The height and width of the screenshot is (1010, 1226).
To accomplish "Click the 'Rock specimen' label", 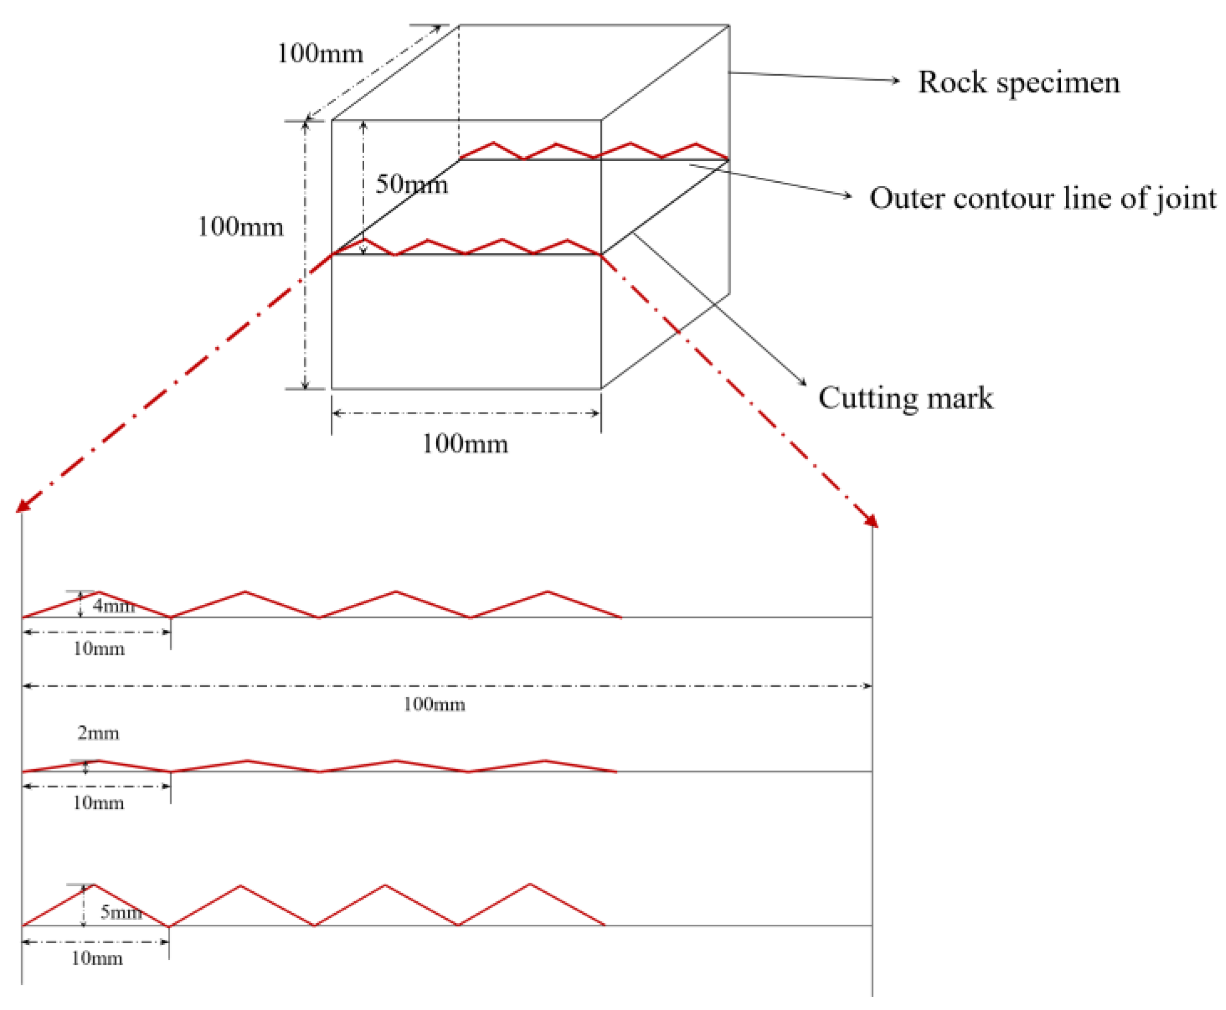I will [1018, 82].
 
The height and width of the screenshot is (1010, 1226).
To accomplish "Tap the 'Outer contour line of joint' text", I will [1042, 198].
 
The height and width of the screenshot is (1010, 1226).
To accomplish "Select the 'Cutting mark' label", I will [905, 398].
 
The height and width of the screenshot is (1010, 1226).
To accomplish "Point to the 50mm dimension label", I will [411, 184].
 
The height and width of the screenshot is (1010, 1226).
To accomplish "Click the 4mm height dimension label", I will [114, 606].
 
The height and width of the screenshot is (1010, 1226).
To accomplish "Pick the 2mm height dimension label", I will [98, 732].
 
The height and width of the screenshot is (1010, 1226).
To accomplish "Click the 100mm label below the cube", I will [465, 444].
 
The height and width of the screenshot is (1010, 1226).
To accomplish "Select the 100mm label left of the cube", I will [240, 227].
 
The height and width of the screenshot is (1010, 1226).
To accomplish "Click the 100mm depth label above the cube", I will [320, 54].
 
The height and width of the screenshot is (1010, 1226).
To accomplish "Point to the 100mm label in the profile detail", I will [434, 704].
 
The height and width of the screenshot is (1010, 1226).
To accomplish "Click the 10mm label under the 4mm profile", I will [98, 648].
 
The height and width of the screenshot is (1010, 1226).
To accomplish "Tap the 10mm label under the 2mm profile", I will [98, 803].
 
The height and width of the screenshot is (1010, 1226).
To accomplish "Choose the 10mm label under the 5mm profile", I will [96, 958].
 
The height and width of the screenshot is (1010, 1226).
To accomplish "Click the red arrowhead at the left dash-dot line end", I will [22, 506].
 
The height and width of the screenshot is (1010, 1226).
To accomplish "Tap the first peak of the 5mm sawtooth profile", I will [94, 886].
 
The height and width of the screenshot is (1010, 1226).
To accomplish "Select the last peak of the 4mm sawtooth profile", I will [547, 592].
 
